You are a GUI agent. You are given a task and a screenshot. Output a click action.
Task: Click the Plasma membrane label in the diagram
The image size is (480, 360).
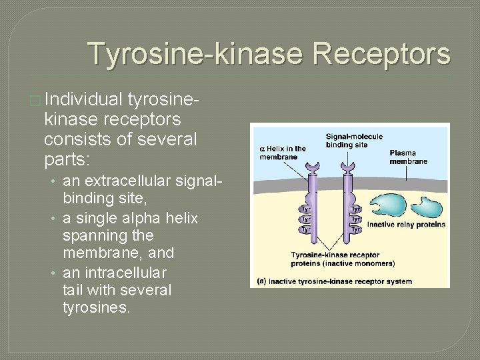pos(408,157)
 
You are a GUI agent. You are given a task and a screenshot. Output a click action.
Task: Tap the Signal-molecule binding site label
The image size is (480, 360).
pos(353,141)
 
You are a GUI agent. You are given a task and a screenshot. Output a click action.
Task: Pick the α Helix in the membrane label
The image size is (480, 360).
pos(283,153)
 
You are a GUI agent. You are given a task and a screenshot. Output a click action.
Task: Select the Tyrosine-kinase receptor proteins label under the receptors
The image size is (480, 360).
pos(335,259)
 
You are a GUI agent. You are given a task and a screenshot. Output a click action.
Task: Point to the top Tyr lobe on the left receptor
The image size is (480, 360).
pos(305,207)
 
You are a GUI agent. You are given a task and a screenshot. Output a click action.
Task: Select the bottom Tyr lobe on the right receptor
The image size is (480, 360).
pos(355,229)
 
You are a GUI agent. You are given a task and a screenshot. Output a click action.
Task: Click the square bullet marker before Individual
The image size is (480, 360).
pos(35,101)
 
